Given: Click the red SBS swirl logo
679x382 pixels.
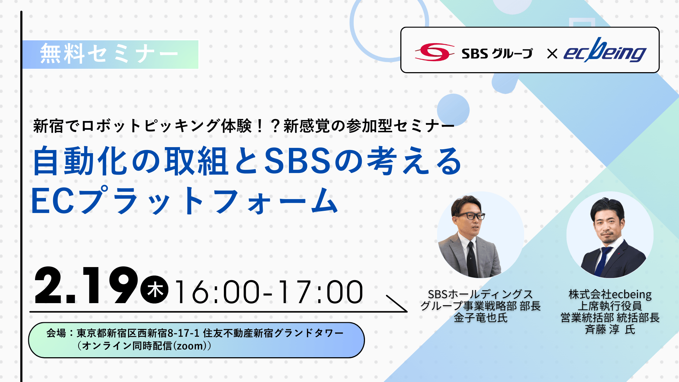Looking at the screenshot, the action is (x=435, y=52).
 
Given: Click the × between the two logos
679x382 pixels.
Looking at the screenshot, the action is (x=552, y=54).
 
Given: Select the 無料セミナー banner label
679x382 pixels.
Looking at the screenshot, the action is (x=110, y=54).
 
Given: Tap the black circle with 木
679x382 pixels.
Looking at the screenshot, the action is (x=155, y=289).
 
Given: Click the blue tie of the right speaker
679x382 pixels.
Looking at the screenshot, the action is (x=602, y=261).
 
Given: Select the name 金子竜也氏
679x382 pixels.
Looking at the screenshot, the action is (x=481, y=318).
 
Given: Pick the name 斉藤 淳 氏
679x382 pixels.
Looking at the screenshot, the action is (x=610, y=329).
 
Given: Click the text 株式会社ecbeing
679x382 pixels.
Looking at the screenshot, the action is (x=610, y=294).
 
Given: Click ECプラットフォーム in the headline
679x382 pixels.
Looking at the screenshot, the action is (x=185, y=201).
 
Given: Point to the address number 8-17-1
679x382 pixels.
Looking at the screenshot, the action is (x=184, y=333).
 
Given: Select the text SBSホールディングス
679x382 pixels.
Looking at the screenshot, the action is (x=480, y=294).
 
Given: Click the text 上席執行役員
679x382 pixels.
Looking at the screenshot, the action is (x=610, y=306).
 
